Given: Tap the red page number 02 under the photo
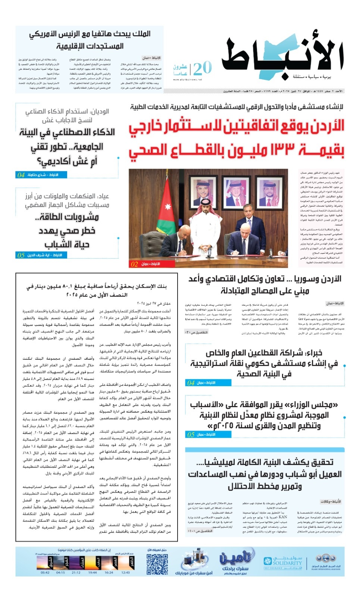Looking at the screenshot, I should coord(134,264).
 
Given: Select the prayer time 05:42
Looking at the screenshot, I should coord(45,572).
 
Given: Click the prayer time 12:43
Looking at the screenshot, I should coord(126,572).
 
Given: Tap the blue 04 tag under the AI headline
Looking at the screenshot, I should coord(21,175).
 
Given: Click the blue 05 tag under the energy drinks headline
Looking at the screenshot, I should coord(21,255).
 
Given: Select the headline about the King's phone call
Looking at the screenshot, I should coord(90,40).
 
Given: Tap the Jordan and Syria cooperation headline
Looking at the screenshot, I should coord(264,284).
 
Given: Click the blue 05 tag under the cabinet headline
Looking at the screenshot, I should coord(191,434).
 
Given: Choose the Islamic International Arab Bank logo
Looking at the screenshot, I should coord(326,562).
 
